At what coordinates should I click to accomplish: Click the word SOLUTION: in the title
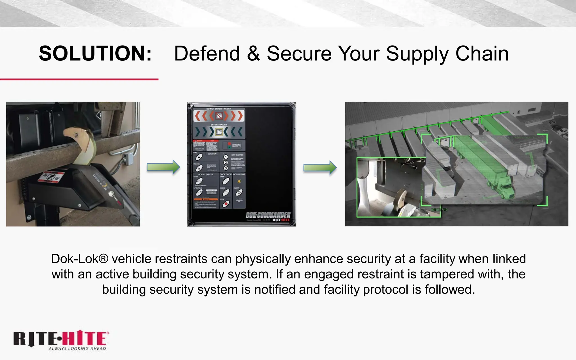95,53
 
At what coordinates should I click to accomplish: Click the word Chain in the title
482,53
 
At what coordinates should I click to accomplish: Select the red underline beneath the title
79,79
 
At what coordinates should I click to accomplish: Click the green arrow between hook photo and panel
163,167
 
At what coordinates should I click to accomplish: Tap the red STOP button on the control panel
226,204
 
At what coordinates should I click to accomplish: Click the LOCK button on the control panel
199,157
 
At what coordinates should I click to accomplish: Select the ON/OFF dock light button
239,193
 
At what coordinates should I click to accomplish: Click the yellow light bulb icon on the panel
239,181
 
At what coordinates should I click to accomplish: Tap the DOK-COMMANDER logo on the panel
268,215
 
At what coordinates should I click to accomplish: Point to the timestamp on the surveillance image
439,210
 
